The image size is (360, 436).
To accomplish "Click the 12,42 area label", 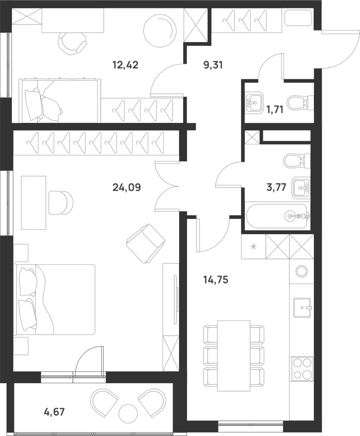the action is [126, 65].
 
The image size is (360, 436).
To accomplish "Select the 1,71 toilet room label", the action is [275, 109].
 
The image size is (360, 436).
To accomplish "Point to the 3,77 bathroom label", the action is [276, 187].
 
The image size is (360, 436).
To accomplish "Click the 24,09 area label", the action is [127, 187].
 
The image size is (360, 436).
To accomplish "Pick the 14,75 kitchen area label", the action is [216, 280].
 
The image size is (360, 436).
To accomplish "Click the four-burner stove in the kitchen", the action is [302, 369].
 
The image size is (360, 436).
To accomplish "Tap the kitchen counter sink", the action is [302, 307].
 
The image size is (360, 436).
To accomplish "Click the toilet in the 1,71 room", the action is [301, 102].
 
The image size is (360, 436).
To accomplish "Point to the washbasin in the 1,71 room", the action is [254, 102].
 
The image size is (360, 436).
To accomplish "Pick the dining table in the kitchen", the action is [234, 352].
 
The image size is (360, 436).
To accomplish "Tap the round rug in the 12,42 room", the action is [160, 31].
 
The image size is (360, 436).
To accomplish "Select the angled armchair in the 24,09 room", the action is [146, 243].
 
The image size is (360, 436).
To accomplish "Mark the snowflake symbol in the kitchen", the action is [253, 246].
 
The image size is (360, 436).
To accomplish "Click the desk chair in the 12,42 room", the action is [72, 44].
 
